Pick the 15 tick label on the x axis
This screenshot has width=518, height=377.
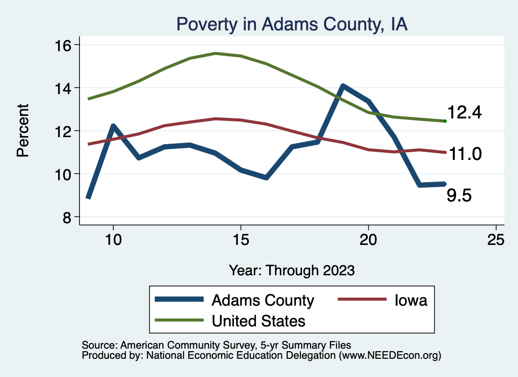pyautogui.click(x=241, y=239)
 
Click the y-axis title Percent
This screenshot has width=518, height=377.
pyautogui.click(x=23, y=131)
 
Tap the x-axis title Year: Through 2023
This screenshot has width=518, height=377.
pyautogui.click(x=291, y=270)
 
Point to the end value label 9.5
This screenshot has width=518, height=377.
pyautogui.click(x=459, y=195)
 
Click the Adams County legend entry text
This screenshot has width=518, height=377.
pyautogui.click(x=263, y=300)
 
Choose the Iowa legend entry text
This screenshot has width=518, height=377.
pyautogui.click(x=411, y=300)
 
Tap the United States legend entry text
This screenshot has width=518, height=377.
pyautogui.click(x=258, y=320)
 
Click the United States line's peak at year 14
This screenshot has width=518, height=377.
pyautogui.click(x=215, y=53)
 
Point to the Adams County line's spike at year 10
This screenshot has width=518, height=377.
pyautogui.click(x=113, y=126)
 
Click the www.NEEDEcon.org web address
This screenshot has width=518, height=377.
pyautogui.click(x=390, y=356)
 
